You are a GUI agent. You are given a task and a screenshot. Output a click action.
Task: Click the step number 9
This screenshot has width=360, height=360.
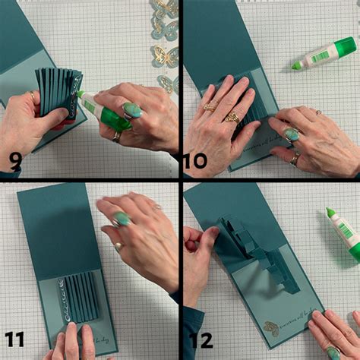pos(16,160)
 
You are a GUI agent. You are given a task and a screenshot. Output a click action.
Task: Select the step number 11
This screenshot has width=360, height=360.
pos(14,339)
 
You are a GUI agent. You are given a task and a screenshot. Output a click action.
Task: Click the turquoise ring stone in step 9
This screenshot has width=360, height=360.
pos(132,110)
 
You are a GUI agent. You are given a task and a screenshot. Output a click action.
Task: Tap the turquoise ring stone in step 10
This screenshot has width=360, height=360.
pos(291,134)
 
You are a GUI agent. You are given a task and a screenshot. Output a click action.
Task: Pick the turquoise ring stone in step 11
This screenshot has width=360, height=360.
pos(122,219)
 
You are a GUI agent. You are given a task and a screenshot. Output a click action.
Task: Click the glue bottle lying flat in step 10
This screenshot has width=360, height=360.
pos(324,55)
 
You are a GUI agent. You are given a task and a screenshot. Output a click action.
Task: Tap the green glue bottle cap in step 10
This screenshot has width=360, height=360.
pos(297,65)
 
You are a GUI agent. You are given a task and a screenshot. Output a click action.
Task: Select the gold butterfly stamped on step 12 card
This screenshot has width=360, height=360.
pos(271,328)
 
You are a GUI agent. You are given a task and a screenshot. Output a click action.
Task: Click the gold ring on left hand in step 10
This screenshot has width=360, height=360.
pos(232,117)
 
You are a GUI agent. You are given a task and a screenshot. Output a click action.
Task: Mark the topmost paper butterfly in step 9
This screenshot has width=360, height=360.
pos(165,8)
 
